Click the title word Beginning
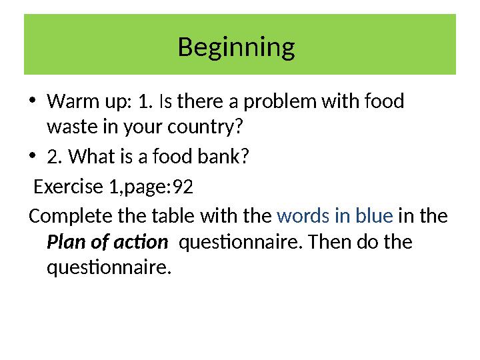(x=237, y=48)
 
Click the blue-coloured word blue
(x=373, y=217)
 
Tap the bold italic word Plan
(x=65, y=241)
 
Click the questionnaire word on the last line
(x=109, y=268)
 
